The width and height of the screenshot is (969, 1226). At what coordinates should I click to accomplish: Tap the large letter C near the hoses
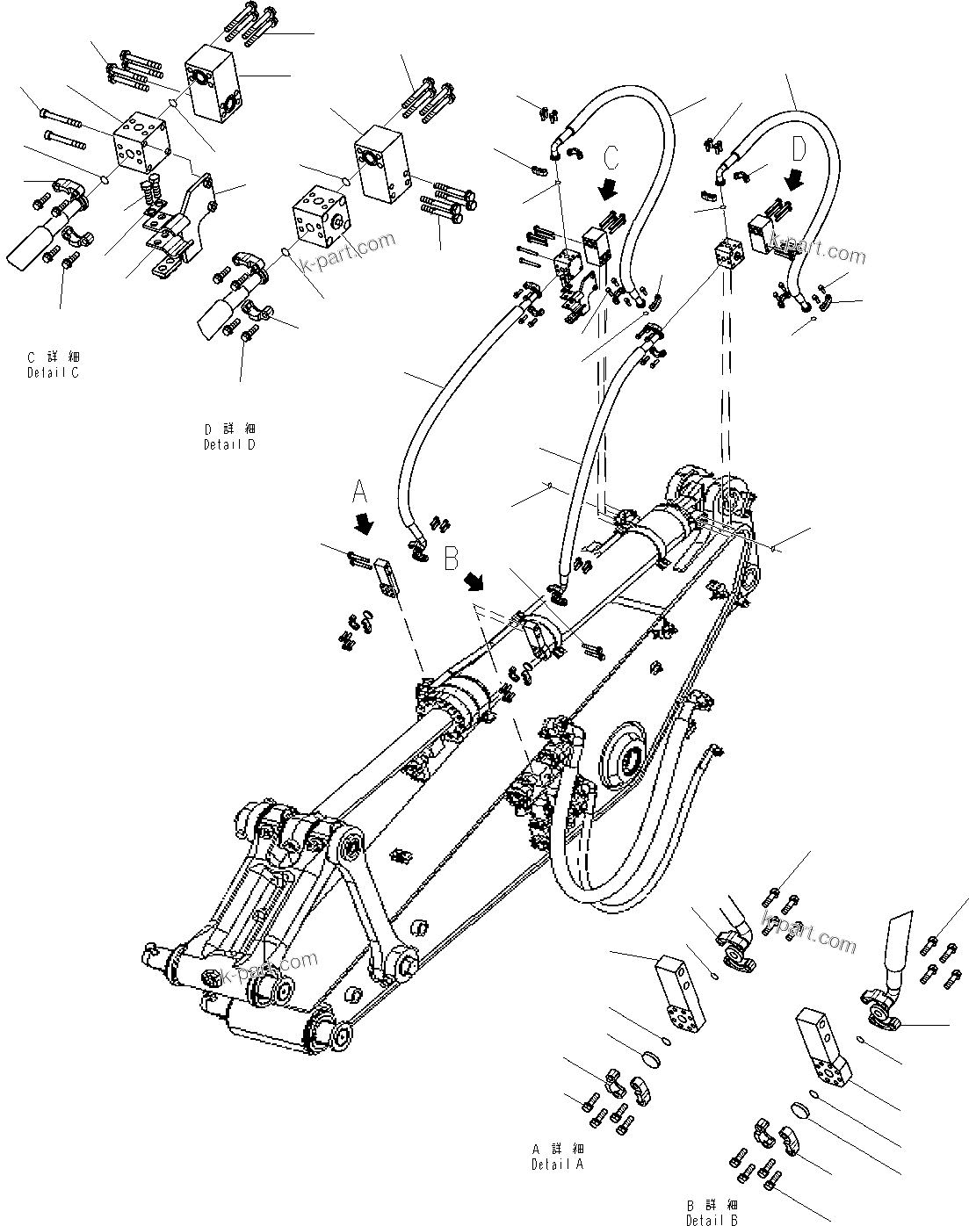(x=611, y=158)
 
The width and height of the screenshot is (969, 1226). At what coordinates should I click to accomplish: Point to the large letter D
(x=798, y=150)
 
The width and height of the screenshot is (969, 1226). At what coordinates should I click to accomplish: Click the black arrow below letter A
(x=362, y=524)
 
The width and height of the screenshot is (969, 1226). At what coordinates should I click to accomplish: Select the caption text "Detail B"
(x=712, y=1220)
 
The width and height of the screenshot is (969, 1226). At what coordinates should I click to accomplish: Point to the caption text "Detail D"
(x=229, y=444)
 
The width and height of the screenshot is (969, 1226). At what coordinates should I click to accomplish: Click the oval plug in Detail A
(x=651, y=1060)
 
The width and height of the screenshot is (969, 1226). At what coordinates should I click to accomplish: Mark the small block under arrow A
(x=387, y=577)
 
